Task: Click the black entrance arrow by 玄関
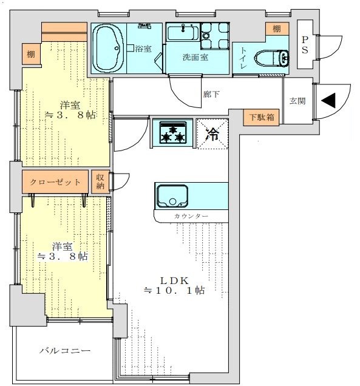[330, 100]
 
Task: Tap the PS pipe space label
[305, 45]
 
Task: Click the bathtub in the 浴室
[108, 49]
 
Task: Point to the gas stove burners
[172, 132]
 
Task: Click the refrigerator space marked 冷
[212, 134]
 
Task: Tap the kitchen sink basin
[172, 196]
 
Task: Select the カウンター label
[191, 216]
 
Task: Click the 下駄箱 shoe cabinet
[261, 117]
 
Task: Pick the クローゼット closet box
[55, 181]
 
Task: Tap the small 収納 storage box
[100, 181]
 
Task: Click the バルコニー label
[65, 350]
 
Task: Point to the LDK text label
[174, 280]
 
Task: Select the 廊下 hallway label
[211, 94]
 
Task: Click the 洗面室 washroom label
[195, 57]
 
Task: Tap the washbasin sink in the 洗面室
[183, 33]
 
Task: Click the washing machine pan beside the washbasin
[215, 36]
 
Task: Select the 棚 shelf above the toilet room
[277, 29]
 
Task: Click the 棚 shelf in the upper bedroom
[31, 54]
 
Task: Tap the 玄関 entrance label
[297, 101]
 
